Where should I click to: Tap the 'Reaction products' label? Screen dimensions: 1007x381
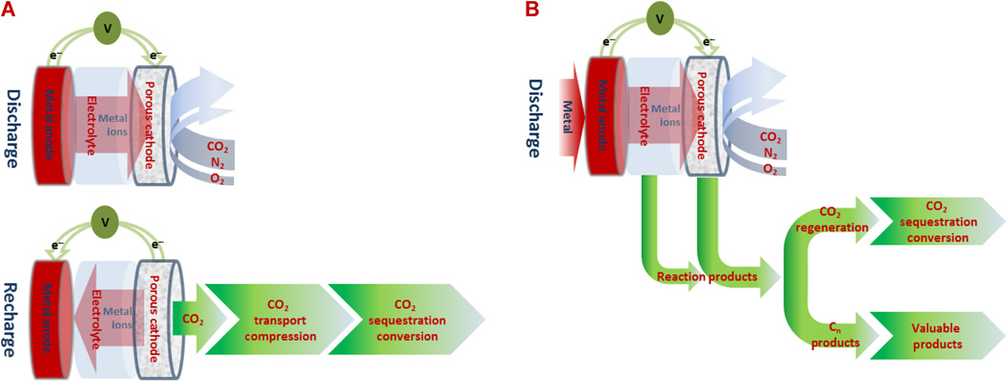point(704,276)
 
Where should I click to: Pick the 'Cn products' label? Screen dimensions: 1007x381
point(835,335)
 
